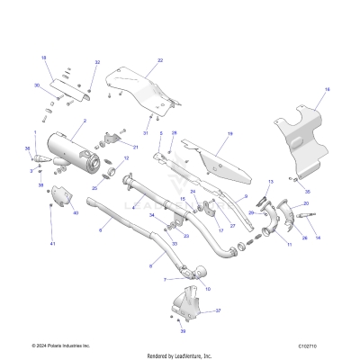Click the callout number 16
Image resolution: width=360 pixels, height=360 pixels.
(327, 90)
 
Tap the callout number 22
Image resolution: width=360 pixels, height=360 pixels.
(160, 60)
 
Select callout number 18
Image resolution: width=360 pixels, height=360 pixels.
(43, 58)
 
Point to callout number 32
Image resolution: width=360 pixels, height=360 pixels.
(97, 63)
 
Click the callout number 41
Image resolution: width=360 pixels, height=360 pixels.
(52, 244)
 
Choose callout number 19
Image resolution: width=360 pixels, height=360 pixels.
(229, 133)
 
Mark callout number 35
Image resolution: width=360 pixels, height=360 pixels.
(307, 193)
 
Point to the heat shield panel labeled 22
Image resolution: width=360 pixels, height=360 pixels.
(144, 90)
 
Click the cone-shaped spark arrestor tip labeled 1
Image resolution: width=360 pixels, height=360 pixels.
(40, 164)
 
